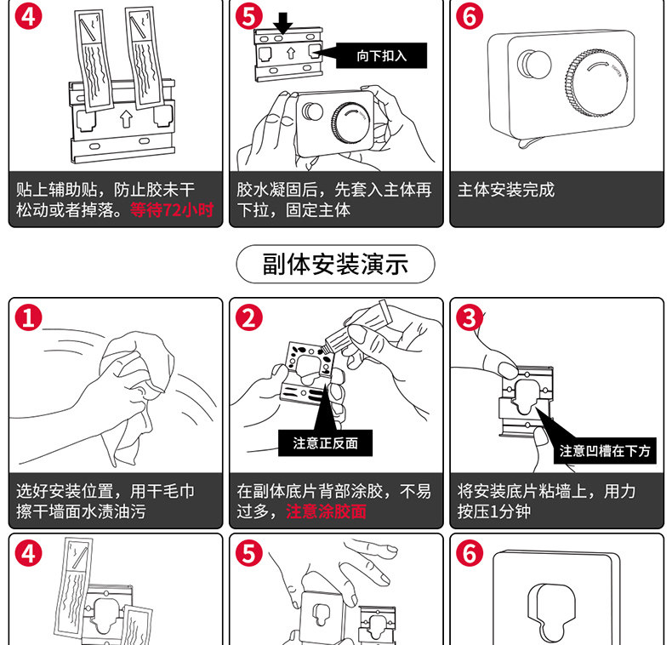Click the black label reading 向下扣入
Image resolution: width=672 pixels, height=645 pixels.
(381, 56)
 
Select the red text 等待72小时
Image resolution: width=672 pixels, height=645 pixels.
(171, 210)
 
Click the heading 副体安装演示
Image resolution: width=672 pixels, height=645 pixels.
(335, 264)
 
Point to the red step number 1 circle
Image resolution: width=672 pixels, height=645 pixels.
(28, 318)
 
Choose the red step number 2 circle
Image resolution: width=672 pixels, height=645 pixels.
(248, 318)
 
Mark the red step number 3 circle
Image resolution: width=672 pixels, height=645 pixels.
(469, 318)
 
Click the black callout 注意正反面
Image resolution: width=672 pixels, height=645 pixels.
(326, 442)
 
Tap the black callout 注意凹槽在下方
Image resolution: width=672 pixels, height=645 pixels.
(605, 451)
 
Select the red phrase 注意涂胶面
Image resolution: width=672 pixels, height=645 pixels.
(326, 511)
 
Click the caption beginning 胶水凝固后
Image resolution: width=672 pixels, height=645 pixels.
(334, 199)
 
